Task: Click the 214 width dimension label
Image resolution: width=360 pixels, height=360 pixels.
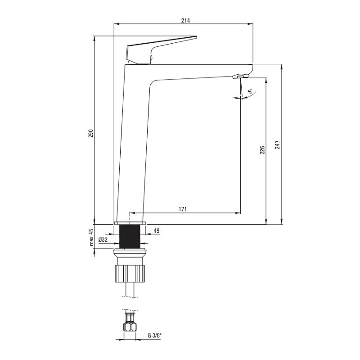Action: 185,20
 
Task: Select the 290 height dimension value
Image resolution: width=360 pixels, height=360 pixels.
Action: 91,133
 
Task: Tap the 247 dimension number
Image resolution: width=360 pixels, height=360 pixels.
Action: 278,144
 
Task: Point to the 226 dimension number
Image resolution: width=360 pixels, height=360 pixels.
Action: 262,150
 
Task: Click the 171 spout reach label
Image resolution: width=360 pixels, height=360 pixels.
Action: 183,209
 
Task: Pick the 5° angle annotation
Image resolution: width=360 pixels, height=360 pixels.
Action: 250,91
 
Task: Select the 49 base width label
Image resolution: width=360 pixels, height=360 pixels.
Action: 157,230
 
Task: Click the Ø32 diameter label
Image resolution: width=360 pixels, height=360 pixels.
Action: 103,240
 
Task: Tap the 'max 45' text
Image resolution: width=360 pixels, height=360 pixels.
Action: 91,238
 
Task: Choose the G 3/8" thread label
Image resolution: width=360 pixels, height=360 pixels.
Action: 154,335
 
